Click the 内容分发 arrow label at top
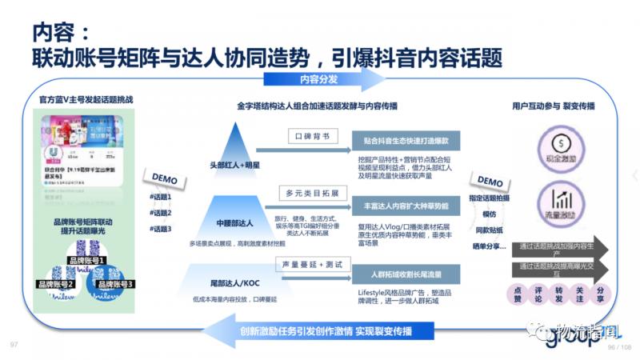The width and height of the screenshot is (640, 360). (318, 79)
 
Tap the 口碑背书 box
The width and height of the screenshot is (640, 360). (309, 137)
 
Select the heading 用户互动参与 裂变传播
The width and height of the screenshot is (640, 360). (553, 106)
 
